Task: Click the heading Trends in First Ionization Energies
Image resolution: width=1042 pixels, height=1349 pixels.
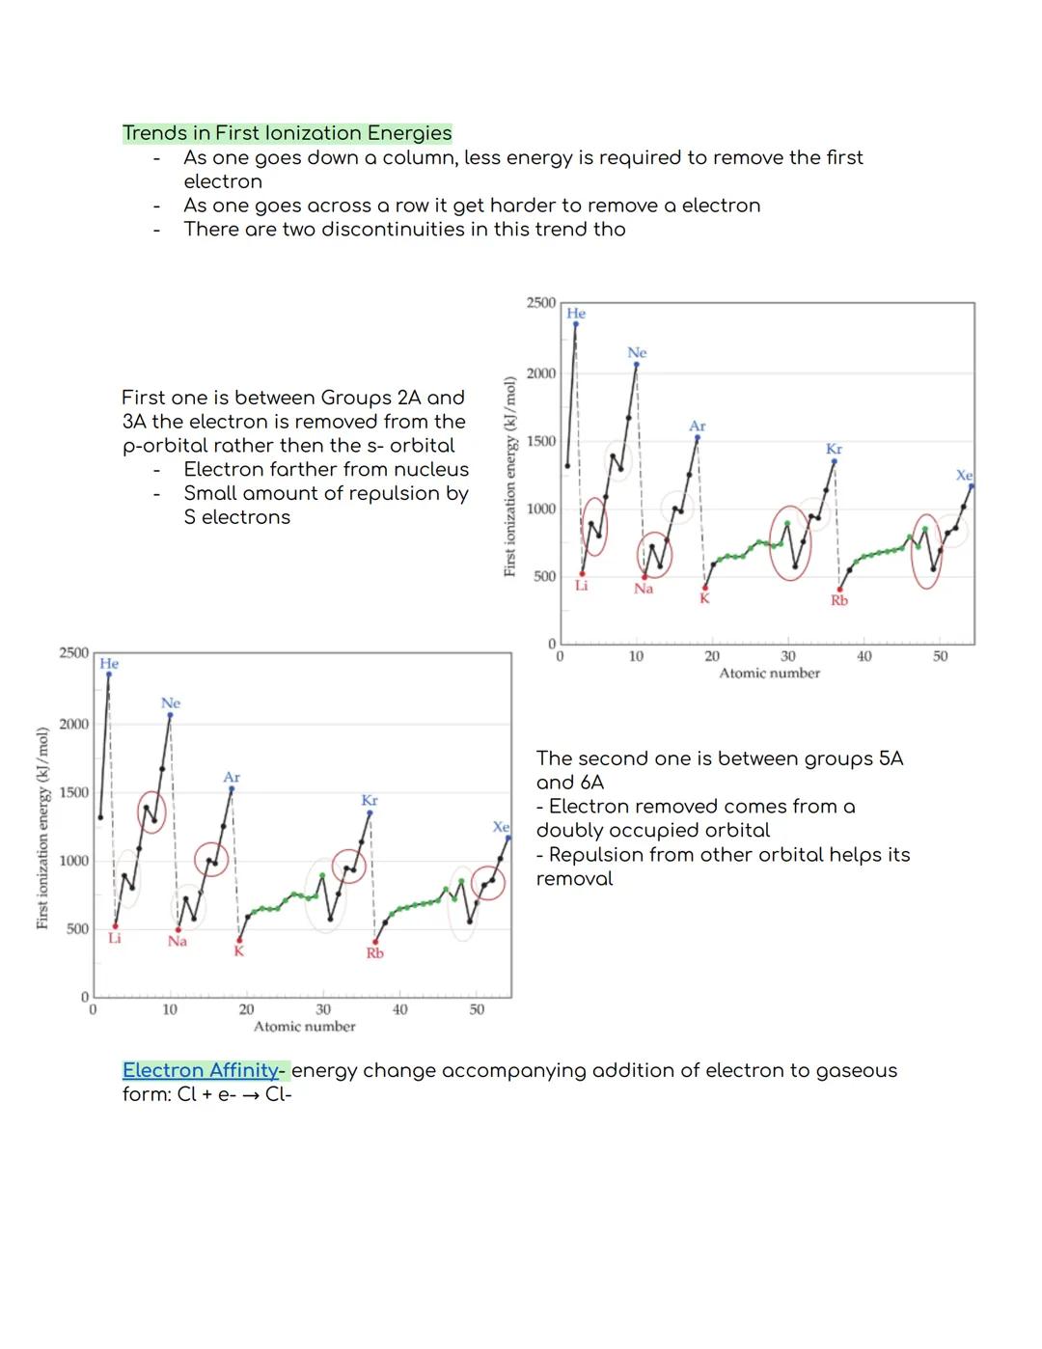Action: click(x=287, y=133)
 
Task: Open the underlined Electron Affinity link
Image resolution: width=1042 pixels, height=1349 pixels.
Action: click(x=200, y=1070)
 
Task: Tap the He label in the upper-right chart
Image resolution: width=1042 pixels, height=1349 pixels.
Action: click(x=576, y=314)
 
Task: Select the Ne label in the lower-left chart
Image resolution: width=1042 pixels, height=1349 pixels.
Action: click(x=171, y=703)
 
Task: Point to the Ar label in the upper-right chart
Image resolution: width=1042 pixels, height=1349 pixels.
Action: click(x=698, y=426)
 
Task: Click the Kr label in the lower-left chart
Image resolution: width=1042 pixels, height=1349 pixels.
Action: click(x=370, y=801)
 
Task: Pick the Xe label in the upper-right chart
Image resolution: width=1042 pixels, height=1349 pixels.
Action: click(x=964, y=476)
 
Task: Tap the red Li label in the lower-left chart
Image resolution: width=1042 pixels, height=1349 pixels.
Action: click(x=115, y=938)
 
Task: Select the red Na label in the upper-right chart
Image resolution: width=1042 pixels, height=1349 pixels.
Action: click(x=644, y=589)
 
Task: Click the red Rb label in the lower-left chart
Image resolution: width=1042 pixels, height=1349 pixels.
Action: click(x=374, y=953)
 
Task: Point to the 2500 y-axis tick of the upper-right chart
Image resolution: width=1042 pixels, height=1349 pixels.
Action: click(x=540, y=303)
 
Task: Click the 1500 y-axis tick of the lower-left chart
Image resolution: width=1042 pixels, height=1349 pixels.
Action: click(x=73, y=792)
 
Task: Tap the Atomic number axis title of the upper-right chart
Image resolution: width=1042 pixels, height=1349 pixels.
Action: click(x=769, y=674)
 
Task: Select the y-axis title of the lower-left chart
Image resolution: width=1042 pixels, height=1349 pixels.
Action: click(x=42, y=829)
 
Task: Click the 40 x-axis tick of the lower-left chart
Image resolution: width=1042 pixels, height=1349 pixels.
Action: click(x=399, y=1010)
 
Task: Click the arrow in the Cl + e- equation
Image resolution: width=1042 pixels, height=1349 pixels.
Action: click(x=251, y=1095)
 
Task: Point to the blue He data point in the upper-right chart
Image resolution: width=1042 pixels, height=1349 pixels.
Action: click(x=576, y=324)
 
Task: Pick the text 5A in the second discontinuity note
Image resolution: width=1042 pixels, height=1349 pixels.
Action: click(x=891, y=758)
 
